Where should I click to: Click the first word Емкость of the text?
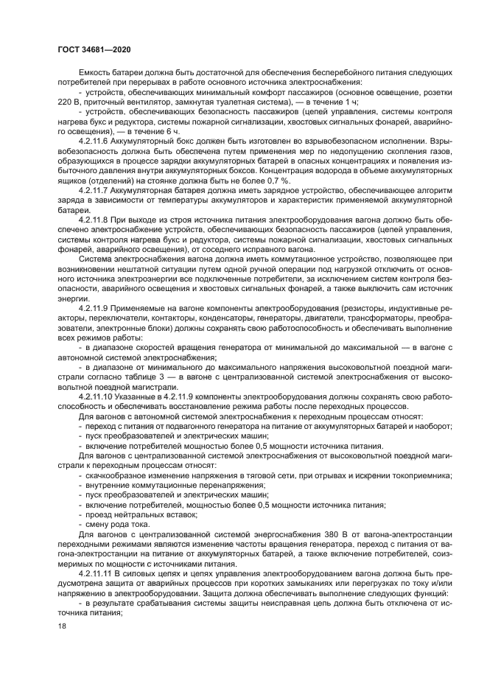(x=94, y=72)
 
